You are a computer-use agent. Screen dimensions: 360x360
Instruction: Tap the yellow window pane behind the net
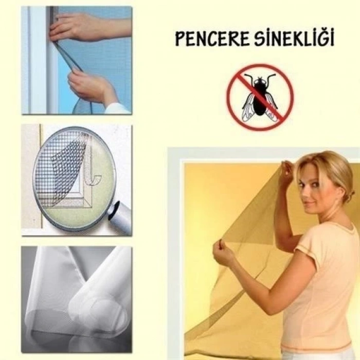221,195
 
